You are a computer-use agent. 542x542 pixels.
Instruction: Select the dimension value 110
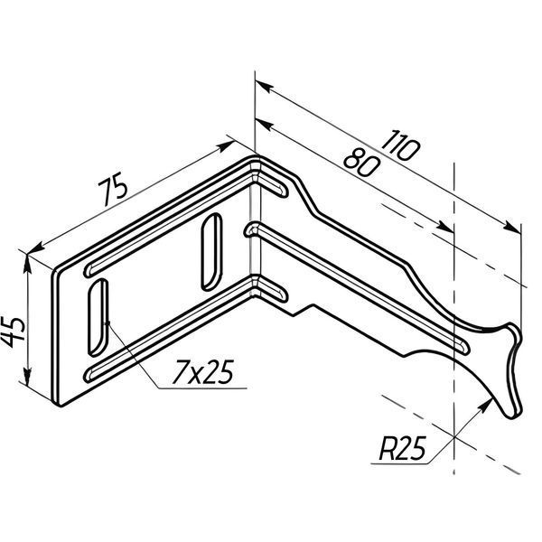tap(400, 145)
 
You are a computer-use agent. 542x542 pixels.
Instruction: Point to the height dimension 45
tap(14, 332)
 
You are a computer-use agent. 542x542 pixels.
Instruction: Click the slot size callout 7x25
tap(203, 372)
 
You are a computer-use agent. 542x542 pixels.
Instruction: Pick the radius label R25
tap(403, 449)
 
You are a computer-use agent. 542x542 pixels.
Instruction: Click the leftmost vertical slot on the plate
tap(98, 317)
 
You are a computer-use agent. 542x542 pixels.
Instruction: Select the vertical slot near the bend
tap(211, 252)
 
